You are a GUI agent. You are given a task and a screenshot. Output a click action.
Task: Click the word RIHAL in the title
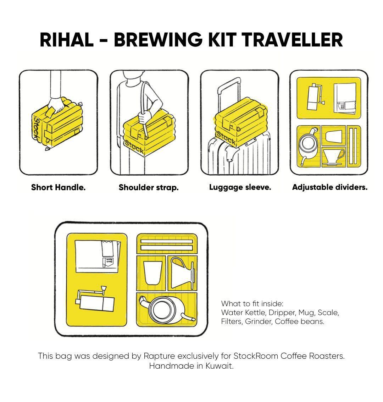pyautogui.click(x=66, y=40)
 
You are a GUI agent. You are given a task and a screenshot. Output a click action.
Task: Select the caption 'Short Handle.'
pyautogui.click(x=58, y=187)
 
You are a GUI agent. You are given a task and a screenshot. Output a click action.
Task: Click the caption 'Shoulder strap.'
pyautogui.click(x=148, y=187)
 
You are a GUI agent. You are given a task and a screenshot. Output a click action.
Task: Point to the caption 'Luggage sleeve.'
pyautogui.click(x=240, y=187)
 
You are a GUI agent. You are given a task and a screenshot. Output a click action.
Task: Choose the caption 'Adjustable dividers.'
pyautogui.click(x=329, y=187)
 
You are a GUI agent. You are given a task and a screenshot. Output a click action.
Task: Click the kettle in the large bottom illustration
pyautogui.click(x=164, y=309)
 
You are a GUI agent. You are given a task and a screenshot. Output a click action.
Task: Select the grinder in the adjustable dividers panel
pyautogui.click(x=313, y=97)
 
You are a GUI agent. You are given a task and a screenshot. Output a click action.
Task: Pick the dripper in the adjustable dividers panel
pyautogui.click(x=333, y=156)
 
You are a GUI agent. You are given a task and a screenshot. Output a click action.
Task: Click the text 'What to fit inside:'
pyautogui.click(x=252, y=304)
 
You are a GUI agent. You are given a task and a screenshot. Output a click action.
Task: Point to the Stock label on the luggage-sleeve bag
pyautogui.click(x=226, y=138)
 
